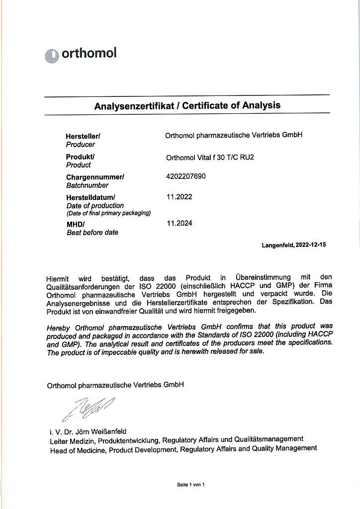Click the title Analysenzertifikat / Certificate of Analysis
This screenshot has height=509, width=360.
(x=187, y=105)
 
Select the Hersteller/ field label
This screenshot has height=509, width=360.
(x=83, y=136)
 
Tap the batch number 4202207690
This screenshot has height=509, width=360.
(x=185, y=176)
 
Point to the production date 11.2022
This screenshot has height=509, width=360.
(x=179, y=197)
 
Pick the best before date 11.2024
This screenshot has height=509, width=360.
(x=179, y=223)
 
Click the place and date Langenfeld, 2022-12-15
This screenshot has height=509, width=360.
(x=293, y=245)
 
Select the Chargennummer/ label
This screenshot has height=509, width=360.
(x=95, y=177)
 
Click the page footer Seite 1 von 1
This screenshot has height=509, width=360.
(x=190, y=484)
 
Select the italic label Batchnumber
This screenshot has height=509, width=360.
(x=87, y=185)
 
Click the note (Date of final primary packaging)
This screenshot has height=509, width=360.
(x=108, y=213)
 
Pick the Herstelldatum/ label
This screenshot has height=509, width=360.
(x=90, y=197)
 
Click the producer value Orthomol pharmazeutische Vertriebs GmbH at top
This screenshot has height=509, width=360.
(x=234, y=135)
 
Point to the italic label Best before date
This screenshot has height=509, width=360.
(x=92, y=233)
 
